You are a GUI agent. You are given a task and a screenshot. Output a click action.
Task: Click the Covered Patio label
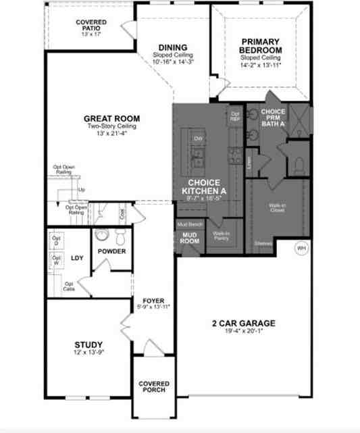(91, 26)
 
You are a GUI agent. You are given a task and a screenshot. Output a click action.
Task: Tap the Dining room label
(173, 47)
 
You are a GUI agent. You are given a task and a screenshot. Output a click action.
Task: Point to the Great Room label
(111, 117)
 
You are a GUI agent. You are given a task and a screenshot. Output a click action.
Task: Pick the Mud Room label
(189, 237)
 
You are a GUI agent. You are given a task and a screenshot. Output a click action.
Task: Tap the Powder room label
(112, 251)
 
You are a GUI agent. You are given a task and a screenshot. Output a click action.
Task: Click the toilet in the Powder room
(121, 237)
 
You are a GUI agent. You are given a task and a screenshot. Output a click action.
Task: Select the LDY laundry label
(77, 257)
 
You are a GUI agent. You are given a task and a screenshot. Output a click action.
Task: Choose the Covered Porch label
(154, 388)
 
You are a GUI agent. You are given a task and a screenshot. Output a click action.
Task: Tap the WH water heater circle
(301, 248)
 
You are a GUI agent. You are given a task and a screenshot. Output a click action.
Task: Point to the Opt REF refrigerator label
(235, 116)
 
